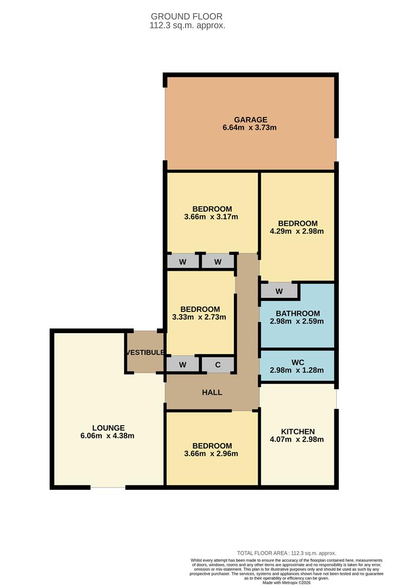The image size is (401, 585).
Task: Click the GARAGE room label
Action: click(250, 120)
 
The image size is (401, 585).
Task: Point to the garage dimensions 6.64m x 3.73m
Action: click(250, 128)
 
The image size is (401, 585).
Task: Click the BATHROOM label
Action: click(297, 313)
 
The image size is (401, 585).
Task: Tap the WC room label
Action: click(297, 362)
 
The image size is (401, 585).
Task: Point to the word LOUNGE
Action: click(107, 428)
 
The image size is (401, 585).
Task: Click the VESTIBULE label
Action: click(145, 353)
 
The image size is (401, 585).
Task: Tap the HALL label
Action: click(212, 392)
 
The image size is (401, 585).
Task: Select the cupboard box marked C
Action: click(218, 365)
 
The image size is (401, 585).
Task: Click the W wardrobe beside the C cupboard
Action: click(182, 365)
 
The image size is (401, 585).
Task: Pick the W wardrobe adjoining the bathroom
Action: click(279, 291)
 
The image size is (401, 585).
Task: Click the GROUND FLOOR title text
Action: click(187, 17)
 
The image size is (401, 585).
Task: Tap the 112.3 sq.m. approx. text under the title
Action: click(187, 25)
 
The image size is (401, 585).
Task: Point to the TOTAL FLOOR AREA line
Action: click(286, 553)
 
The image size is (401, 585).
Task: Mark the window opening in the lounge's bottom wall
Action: click(108, 487)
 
